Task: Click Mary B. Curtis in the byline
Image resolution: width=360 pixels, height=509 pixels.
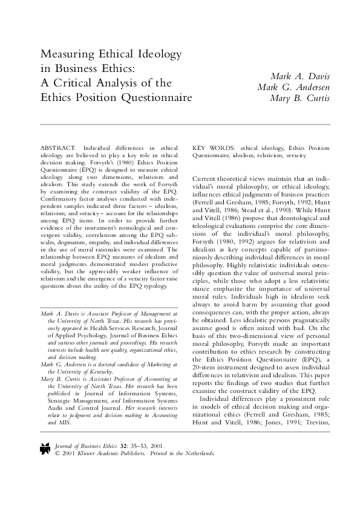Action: point(299,99)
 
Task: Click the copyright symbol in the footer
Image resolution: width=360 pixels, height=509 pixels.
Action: point(57,452)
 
